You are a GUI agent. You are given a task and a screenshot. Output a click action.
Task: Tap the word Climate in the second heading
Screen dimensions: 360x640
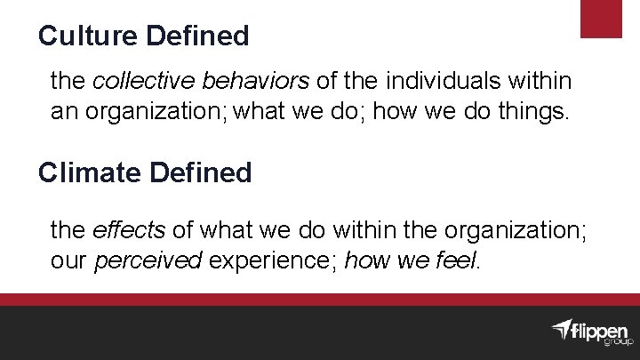[x=84, y=172]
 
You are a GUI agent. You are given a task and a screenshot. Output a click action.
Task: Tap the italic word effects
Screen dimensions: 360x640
[x=128, y=231]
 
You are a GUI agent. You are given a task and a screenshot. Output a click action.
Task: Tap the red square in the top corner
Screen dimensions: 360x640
[x=601, y=19]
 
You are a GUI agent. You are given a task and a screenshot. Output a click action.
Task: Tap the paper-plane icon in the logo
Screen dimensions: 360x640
[x=560, y=329]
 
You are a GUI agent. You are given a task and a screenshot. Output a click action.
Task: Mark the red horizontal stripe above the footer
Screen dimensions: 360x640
[x=320, y=300]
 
